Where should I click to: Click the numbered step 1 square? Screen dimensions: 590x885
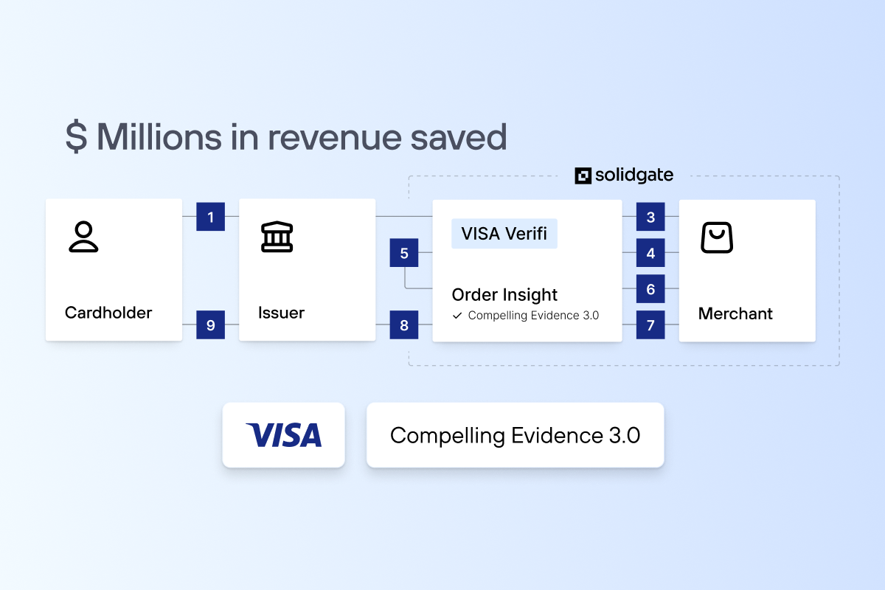pos(210,217)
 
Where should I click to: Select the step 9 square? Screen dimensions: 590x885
pos(210,324)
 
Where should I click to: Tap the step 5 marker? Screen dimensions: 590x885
pos(404,254)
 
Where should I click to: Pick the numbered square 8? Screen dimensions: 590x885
pos(404,324)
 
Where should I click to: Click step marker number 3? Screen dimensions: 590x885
pos(650,217)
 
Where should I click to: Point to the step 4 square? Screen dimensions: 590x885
pos(650,253)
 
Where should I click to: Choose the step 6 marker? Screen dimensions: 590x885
pos(650,289)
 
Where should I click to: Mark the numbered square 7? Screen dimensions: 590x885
pos(650,324)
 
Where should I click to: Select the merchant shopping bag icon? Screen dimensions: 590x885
pos(716,238)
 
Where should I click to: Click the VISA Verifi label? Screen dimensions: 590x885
pos(504,234)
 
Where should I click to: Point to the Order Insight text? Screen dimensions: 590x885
pos(504,295)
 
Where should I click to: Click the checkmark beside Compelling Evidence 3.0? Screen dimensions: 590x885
pos(457,316)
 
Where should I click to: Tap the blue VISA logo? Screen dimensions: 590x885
pos(284,435)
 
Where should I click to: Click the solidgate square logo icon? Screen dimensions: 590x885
pos(583,176)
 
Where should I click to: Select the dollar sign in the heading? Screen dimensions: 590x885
pos(77,137)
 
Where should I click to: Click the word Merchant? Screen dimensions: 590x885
pos(735,313)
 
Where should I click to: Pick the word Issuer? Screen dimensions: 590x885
pos(281,313)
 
